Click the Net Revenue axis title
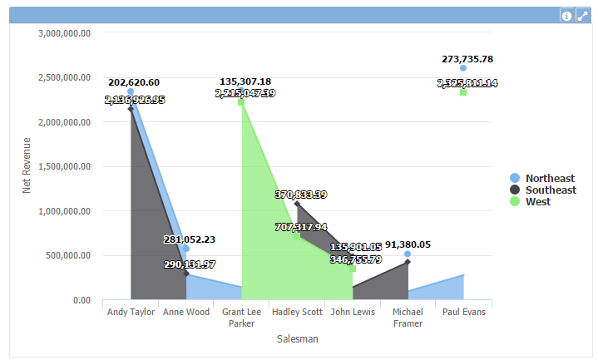click(x=26, y=166)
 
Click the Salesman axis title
click(x=297, y=338)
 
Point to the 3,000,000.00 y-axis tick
click(x=65, y=33)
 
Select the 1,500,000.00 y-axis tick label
click(x=65, y=166)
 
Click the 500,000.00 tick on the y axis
click(x=70, y=255)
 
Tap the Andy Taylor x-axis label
click(x=131, y=313)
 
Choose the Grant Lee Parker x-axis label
click(x=241, y=318)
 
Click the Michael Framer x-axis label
click(x=408, y=318)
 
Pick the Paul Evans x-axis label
click(x=463, y=313)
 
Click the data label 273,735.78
click(x=467, y=59)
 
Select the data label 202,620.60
click(x=134, y=82)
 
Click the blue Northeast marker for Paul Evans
click(x=463, y=68)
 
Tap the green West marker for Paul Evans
click(x=463, y=92)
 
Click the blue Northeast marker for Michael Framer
click(x=408, y=254)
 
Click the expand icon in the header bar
click(x=582, y=16)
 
